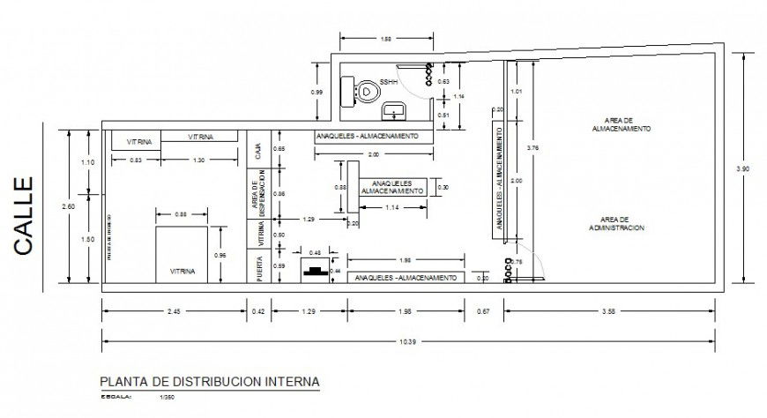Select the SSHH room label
point(389,82)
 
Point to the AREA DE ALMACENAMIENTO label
point(628,123)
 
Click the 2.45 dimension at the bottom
point(174,311)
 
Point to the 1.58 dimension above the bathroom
point(385,40)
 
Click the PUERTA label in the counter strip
point(258,268)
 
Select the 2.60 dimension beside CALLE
point(56,206)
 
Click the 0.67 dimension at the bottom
point(484,311)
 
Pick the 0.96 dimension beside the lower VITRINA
point(221,256)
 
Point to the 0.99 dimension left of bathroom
point(316,92)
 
